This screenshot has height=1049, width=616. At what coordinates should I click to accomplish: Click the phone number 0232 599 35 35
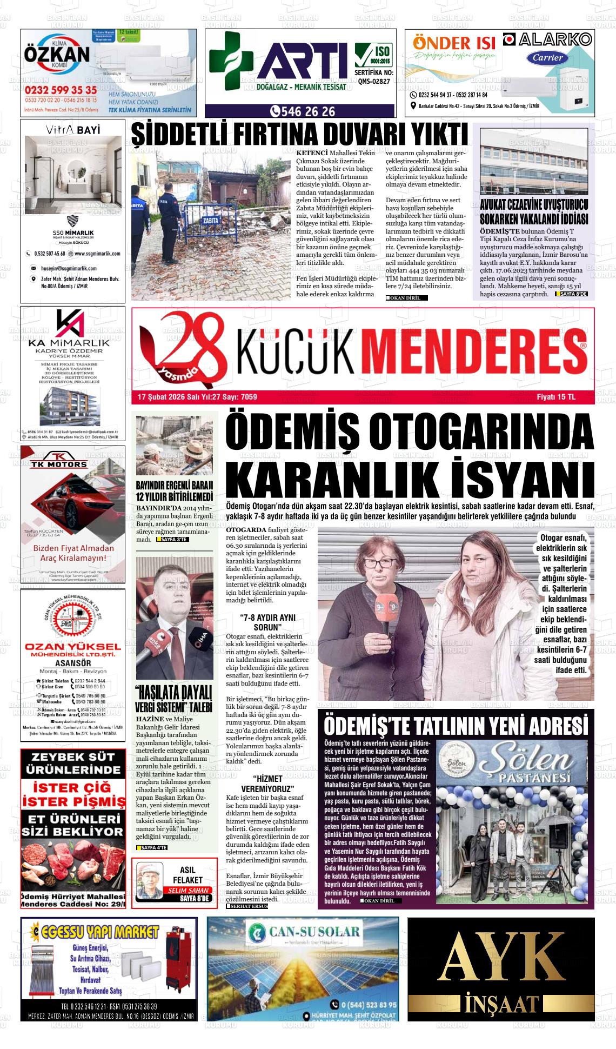61,90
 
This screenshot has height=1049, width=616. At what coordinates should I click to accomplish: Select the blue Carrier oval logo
548,58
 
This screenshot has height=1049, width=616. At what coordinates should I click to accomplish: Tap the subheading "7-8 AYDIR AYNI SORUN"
267,622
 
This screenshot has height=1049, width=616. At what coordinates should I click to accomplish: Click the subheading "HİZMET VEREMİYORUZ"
267,784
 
